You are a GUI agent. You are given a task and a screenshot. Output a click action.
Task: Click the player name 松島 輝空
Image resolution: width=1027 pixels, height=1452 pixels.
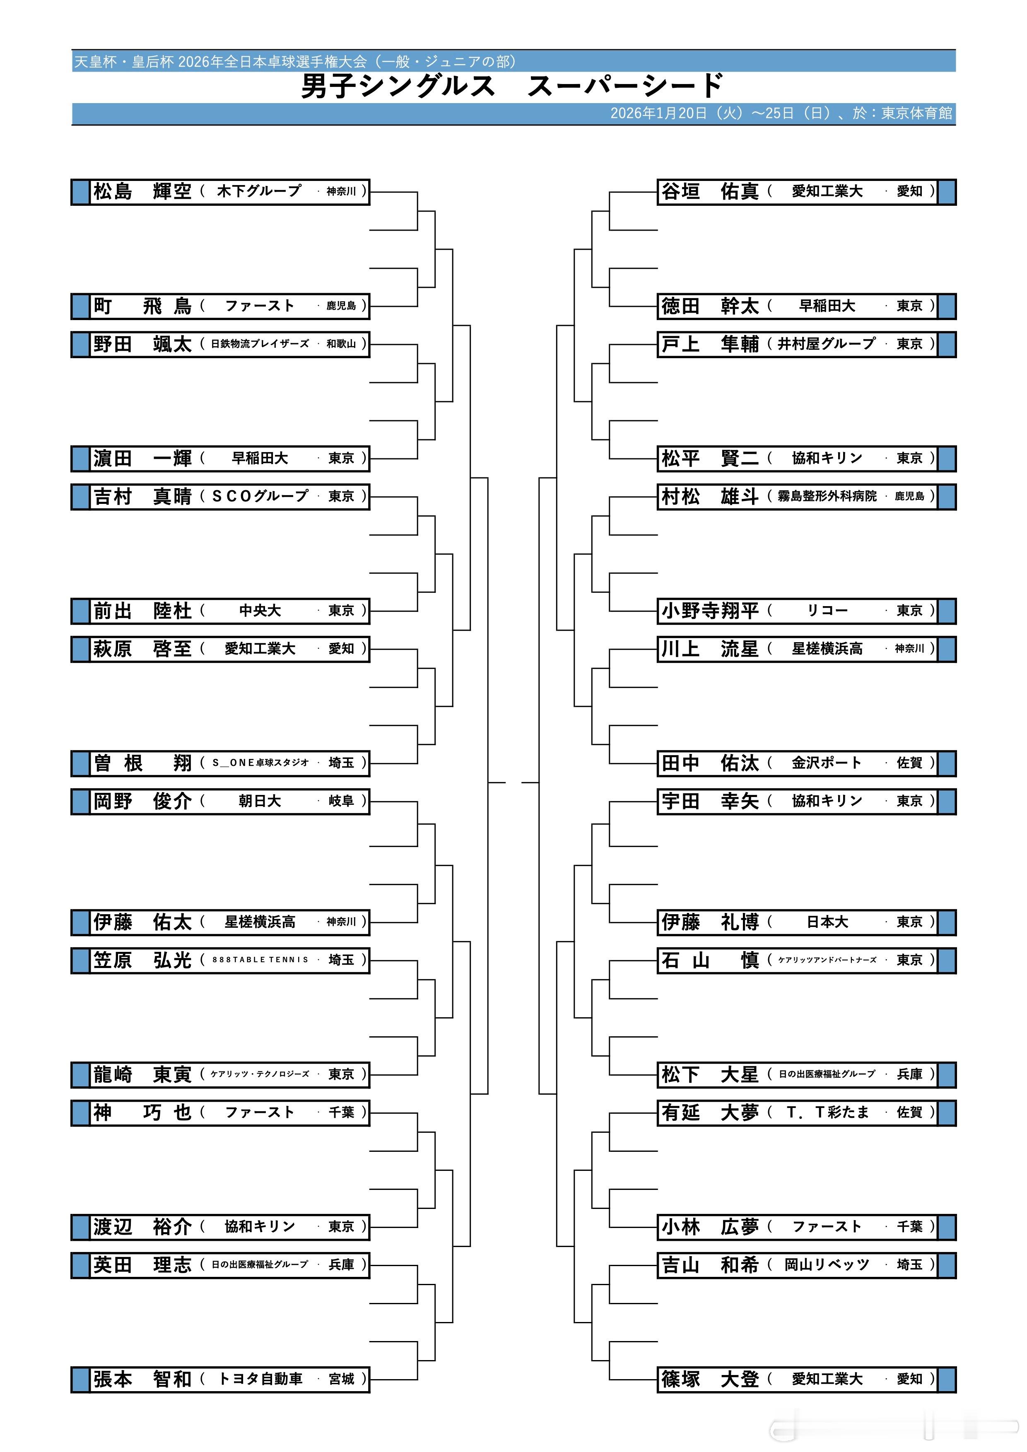click(142, 192)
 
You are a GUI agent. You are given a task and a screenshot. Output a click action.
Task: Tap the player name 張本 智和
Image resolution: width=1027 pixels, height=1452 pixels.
click(142, 1379)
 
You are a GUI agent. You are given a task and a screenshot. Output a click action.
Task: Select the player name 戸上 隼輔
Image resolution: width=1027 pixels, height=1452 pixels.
click(709, 344)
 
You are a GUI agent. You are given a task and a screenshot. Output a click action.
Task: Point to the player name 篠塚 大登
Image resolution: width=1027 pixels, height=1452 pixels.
click(709, 1379)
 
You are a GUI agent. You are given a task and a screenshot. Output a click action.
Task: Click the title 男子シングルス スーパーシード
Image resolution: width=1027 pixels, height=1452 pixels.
click(512, 87)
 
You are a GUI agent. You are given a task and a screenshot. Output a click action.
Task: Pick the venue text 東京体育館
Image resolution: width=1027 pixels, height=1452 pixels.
click(916, 113)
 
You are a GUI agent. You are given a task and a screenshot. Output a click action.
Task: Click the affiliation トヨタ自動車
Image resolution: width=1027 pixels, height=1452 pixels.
click(260, 1379)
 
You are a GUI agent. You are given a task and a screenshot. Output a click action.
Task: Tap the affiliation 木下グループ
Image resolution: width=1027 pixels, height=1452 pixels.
click(259, 191)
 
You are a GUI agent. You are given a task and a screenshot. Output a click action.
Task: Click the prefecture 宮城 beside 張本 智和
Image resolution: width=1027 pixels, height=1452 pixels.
click(342, 1379)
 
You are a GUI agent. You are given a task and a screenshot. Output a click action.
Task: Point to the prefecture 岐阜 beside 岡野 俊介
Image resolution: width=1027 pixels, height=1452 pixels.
click(342, 801)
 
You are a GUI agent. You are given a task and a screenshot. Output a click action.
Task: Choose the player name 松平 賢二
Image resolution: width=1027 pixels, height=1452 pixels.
click(709, 458)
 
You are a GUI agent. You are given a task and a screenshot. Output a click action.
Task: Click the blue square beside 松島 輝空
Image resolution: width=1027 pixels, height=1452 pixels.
click(80, 192)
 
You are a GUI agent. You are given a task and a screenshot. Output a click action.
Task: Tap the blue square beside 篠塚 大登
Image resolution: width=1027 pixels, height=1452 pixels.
click(946, 1379)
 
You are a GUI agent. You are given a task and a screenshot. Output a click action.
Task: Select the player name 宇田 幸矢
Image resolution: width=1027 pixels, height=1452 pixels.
click(709, 801)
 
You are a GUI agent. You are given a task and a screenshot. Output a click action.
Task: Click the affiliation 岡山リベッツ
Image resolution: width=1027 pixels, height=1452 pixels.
click(827, 1265)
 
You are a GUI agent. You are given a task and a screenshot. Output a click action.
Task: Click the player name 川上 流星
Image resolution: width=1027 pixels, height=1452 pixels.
click(709, 649)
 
